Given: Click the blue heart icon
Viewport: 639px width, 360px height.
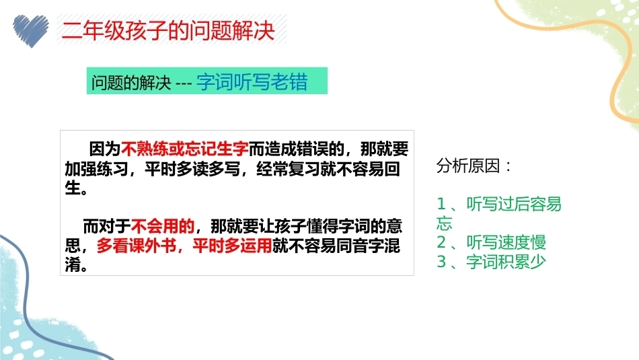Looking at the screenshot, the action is tap(30, 31).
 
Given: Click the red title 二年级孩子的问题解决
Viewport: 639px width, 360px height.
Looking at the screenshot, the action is tap(168, 30).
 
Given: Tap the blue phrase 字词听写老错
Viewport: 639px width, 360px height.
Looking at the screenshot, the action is tap(252, 82).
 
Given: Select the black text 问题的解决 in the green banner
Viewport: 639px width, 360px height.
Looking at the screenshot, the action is tap(130, 82).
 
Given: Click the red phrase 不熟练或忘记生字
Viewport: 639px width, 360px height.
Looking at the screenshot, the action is tap(184, 149).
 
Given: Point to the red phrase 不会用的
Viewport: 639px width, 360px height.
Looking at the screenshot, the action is tap(163, 226).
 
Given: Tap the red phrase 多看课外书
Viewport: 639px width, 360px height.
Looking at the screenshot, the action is tap(137, 246).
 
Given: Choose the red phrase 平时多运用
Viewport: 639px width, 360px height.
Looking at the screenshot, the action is tap(232, 246).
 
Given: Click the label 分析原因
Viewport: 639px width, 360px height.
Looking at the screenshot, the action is tap(468, 166).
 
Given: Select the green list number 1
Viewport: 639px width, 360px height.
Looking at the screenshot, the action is tap(441, 204).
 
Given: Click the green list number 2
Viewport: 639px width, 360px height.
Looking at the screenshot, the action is tap(441, 242).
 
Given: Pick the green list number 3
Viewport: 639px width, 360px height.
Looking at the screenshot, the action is tap(441, 262).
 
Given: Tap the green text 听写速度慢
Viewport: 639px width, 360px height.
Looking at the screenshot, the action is tap(506, 242).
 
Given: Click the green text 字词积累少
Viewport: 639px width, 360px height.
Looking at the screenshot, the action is tap(506, 262).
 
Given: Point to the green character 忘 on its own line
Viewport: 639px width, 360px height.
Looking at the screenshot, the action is tap(444, 223).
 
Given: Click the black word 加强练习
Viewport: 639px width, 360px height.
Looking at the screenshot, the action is tap(97, 169).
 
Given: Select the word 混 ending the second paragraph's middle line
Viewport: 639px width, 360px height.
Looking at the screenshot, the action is tap(392, 246).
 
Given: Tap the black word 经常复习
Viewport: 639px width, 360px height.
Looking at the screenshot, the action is tap(288, 169).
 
